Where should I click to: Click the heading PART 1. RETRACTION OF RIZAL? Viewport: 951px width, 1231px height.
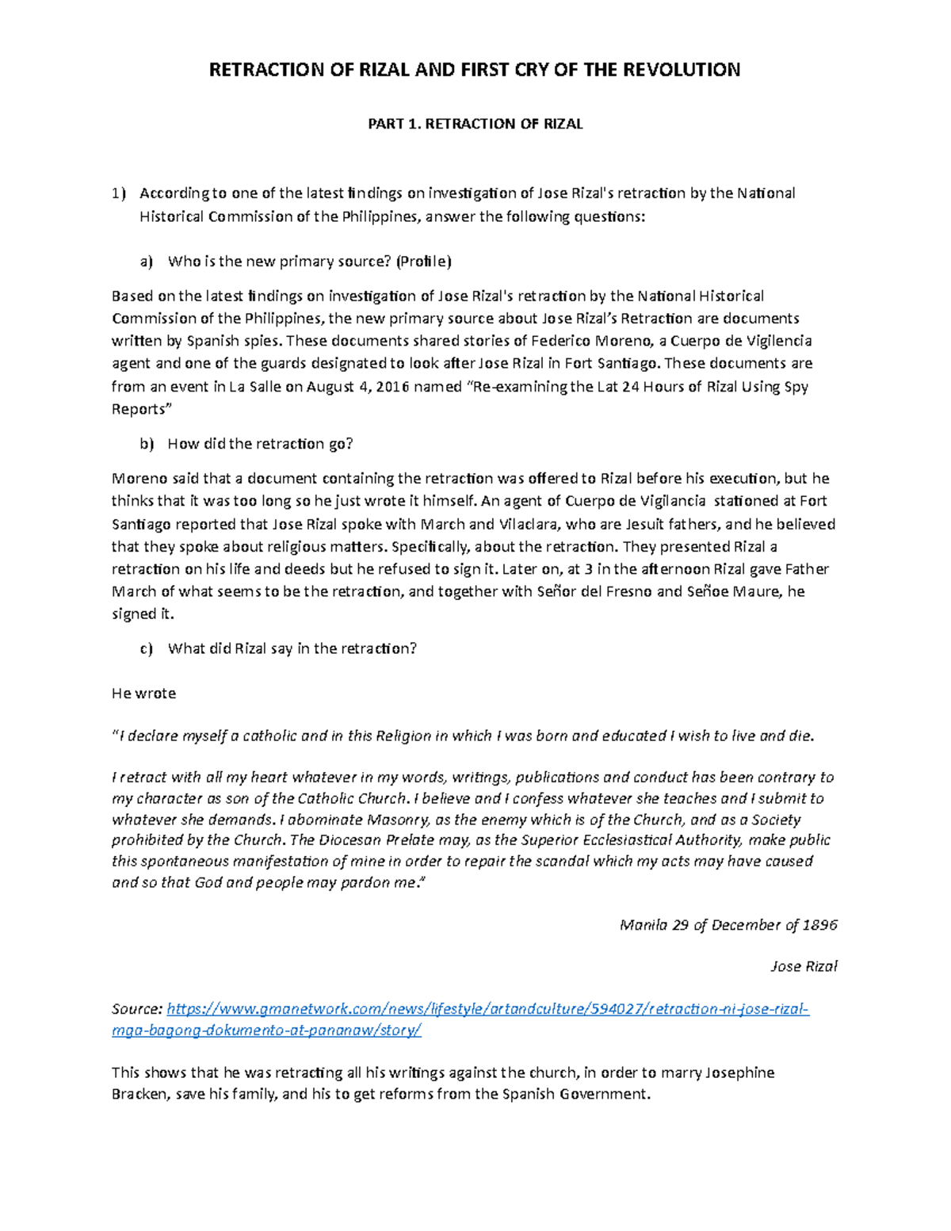(475, 124)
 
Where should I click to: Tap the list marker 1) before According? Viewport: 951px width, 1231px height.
(118, 193)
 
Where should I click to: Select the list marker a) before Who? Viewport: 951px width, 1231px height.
(147, 262)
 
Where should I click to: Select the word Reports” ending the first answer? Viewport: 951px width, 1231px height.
(141, 410)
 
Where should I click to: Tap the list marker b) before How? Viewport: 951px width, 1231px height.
(147, 444)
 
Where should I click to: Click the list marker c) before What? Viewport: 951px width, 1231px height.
(147, 648)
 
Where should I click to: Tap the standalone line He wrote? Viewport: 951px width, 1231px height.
(143, 694)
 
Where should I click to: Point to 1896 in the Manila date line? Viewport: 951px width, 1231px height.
(820, 925)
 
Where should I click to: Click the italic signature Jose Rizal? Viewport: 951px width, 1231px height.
(804, 966)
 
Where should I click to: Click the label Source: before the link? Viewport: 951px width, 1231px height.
(137, 1009)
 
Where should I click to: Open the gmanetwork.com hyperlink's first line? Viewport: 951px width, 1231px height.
(487, 1009)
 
